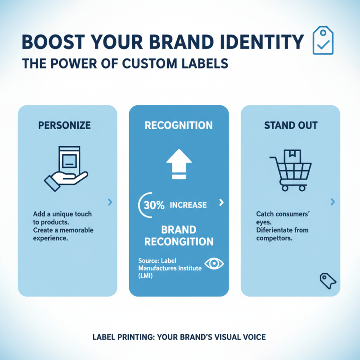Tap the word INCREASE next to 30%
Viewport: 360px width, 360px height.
(188, 205)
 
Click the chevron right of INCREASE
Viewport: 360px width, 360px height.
(220, 202)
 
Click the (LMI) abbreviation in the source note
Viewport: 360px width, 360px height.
(146, 275)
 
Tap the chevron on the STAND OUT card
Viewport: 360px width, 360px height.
(333, 202)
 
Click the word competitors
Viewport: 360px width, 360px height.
(274, 238)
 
